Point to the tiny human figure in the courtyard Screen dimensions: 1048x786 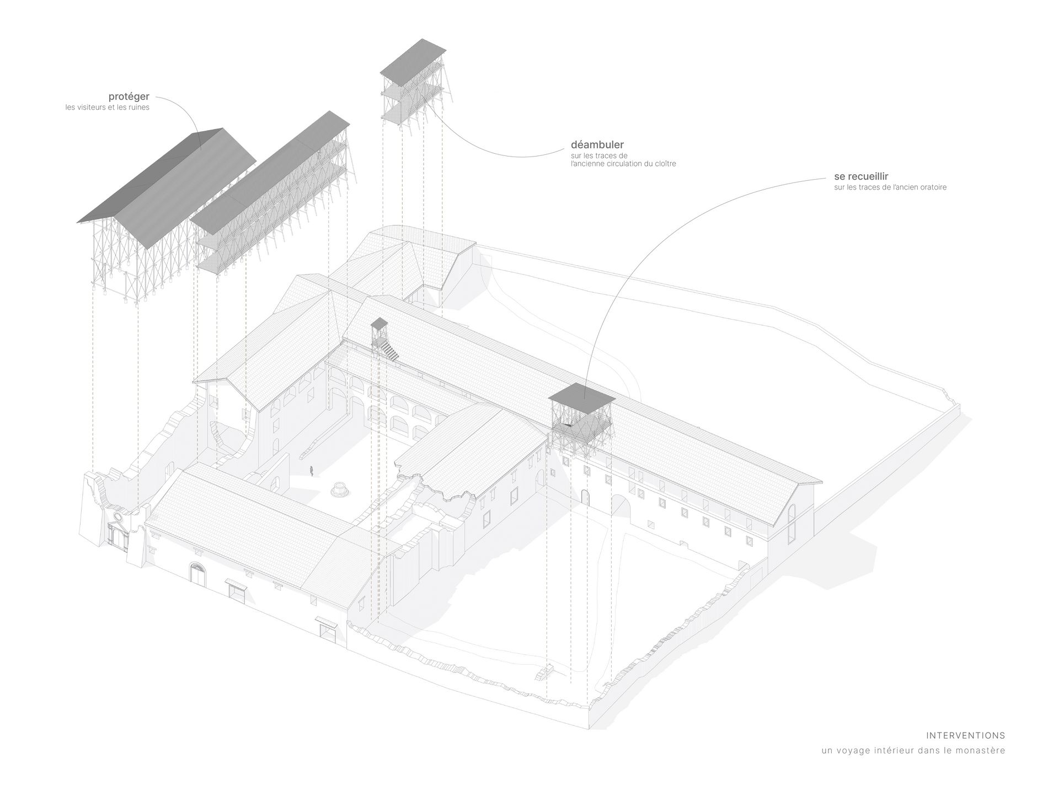click(x=312, y=471)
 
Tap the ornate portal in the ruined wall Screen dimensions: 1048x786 click(x=119, y=532)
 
